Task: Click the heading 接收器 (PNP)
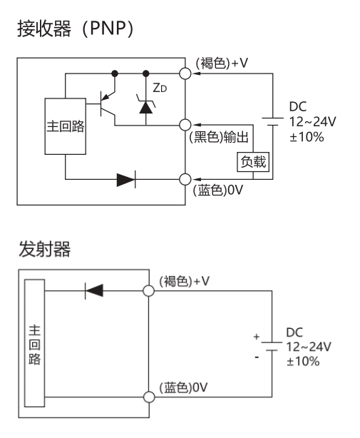[x=76, y=29]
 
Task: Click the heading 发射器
[x=45, y=249]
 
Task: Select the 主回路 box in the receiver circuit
[x=66, y=126]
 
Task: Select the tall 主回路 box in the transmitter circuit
[x=35, y=343]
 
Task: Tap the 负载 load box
[x=253, y=162]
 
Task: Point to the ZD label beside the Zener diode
[x=160, y=88]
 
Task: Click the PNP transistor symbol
[x=108, y=104]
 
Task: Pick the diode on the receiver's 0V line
[x=126, y=179]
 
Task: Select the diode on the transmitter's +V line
[x=94, y=291]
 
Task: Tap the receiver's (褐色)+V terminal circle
[x=185, y=73]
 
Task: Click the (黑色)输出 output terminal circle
[x=185, y=125]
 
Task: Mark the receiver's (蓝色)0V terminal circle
[x=185, y=179]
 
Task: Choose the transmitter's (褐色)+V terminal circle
[x=149, y=291]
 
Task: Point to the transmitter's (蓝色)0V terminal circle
[x=149, y=397]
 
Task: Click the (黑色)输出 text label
[x=219, y=137]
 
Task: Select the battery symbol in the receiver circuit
[x=272, y=122]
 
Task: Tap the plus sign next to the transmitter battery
[x=257, y=337]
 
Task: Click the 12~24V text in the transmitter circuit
[x=309, y=347]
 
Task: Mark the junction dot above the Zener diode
[x=145, y=73]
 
